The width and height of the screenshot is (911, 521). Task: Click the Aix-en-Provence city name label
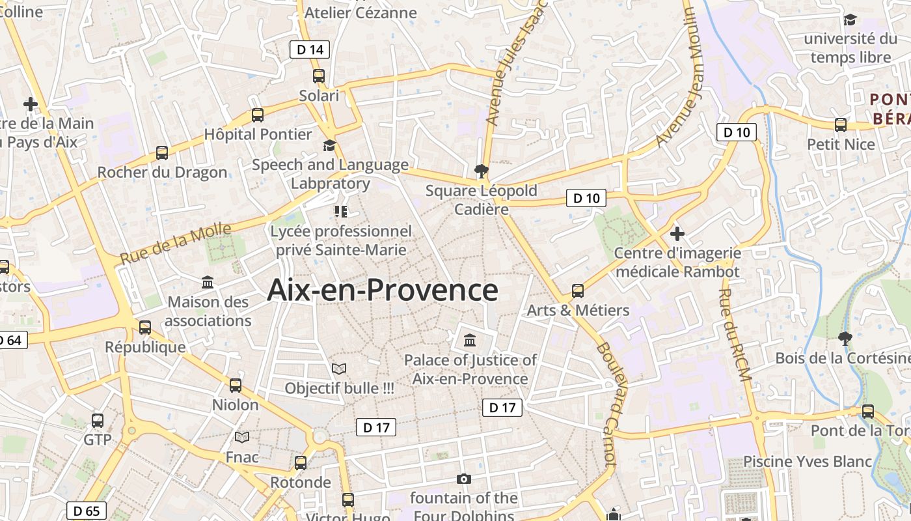pos(383,290)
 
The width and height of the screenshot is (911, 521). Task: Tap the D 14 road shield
pos(310,49)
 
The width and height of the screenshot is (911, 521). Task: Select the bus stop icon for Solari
pos(319,76)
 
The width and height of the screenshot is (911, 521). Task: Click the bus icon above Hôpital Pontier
pos(258,115)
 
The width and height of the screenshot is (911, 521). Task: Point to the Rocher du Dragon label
pos(162,173)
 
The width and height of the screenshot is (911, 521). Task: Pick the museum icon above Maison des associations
pos(208,282)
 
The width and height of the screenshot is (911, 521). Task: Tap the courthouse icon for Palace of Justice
pos(470,340)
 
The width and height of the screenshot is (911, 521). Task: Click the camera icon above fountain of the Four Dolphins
pos(463,479)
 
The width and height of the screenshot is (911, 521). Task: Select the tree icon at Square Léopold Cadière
pos(482,171)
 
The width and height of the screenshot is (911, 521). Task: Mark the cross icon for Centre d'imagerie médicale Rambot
pos(677,233)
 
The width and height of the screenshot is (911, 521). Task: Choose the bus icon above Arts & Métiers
pos(578,290)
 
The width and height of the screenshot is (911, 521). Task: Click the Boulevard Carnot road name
pos(606,404)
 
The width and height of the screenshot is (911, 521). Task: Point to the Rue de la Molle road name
pos(176,243)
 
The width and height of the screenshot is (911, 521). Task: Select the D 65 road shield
pos(87,511)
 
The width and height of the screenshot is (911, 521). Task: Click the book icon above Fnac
pos(242,437)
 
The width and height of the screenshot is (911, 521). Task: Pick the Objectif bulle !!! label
pos(340,388)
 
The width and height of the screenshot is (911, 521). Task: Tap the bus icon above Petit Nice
pos(841,125)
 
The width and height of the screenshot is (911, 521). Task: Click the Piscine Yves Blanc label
pos(808,461)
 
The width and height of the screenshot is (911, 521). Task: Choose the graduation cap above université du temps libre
pos(850,20)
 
